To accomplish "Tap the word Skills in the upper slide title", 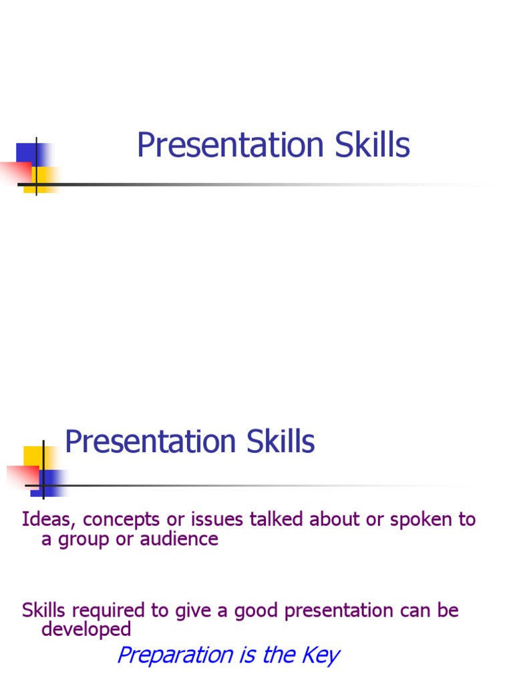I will (373, 146).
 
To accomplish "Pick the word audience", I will (179, 539).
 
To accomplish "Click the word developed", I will (86, 629).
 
